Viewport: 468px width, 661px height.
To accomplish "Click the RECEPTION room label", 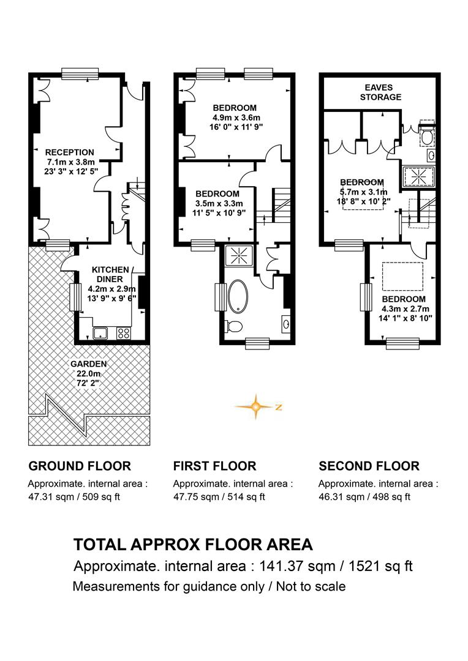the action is (70, 152).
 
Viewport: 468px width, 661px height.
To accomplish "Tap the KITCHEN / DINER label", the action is (110, 274).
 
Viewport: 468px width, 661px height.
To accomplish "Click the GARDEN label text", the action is (89, 364).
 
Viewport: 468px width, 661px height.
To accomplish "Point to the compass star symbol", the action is (255, 407).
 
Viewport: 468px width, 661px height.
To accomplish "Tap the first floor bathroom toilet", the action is (233, 326).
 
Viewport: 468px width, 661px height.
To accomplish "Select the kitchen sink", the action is (100, 333).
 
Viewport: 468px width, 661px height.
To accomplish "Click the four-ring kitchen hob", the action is (123, 333).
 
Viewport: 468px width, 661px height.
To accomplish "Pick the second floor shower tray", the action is (418, 176).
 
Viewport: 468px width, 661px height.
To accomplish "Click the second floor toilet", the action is (427, 133).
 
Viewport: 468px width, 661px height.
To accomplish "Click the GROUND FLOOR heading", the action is (80, 466).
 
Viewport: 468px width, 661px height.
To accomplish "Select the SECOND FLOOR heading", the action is (369, 466).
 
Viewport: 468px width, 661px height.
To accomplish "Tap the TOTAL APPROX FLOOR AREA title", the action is (194, 544).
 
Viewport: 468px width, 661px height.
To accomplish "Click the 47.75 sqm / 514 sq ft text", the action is (219, 496).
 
